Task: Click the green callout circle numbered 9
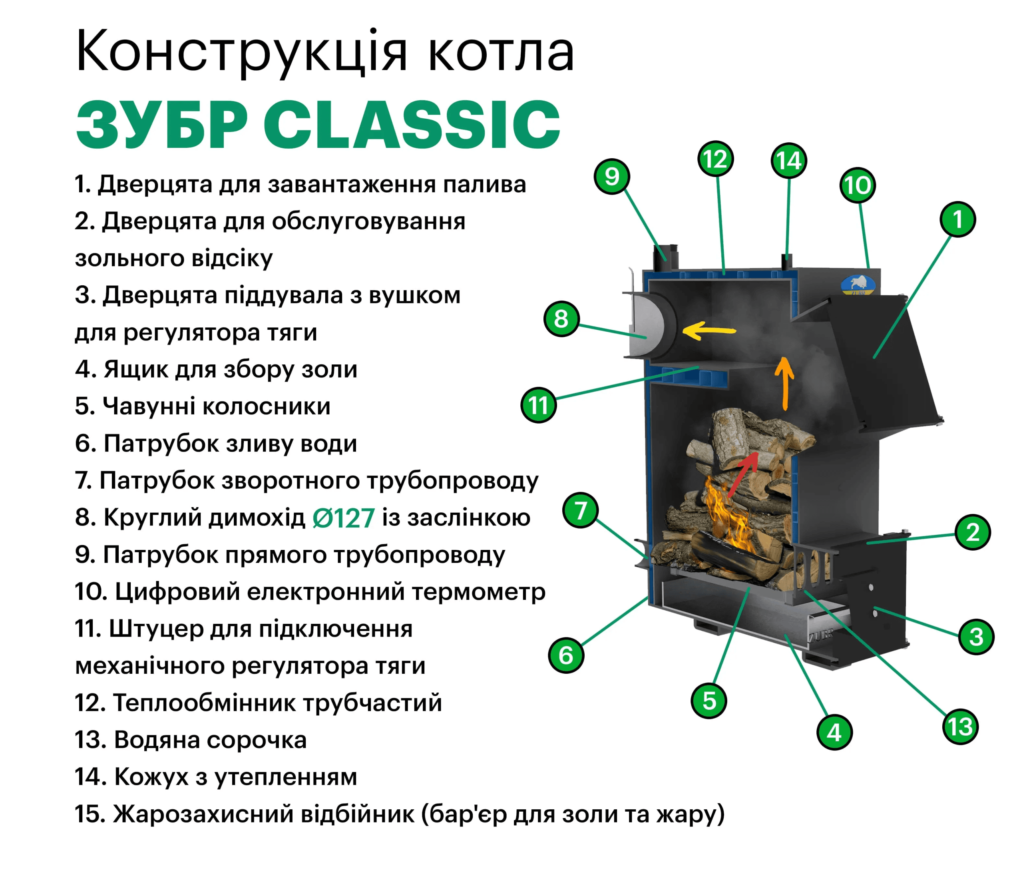pos(612,176)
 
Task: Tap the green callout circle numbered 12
pos(715,159)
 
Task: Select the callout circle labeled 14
pos(788,161)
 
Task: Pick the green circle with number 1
pos(958,219)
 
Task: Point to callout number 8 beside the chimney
pos(561,319)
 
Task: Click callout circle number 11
pos(539,405)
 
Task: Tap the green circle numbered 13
pos(960,727)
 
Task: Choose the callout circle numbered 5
pos(709,700)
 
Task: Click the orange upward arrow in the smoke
pos(784,383)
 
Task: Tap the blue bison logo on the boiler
pos(858,285)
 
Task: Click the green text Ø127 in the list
pos(344,518)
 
